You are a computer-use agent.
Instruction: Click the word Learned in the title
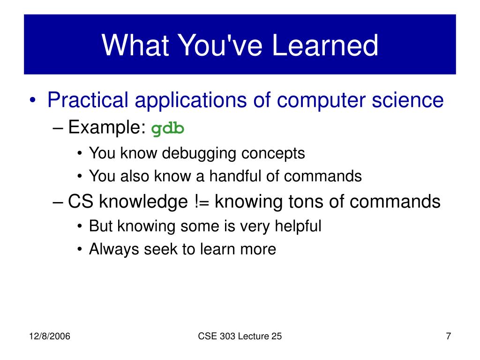click(325, 45)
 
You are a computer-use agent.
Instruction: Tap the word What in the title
click(135, 45)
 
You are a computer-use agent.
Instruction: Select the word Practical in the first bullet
click(88, 100)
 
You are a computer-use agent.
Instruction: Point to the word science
click(408, 100)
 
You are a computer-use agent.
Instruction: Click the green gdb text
click(168, 129)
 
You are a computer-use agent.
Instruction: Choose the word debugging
click(199, 153)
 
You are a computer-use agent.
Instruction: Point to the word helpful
click(298, 226)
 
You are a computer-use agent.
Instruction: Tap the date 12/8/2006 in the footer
click(50, 336)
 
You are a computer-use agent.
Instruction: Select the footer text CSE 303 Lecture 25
click(240, 336)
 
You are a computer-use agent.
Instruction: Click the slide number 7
click(449, 336)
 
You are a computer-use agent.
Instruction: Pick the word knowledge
click(143, 202)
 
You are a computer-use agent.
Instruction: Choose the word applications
click(190, 100)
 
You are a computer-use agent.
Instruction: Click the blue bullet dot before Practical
click(33, 100)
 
